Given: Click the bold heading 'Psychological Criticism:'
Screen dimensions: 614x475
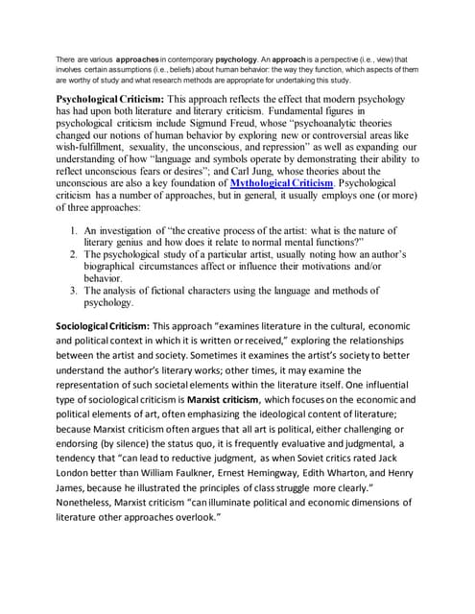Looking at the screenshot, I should (x=110, y=99).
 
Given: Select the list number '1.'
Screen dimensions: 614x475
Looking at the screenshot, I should (x=75, y=231).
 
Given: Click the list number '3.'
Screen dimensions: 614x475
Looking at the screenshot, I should (x=75, y=290).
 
